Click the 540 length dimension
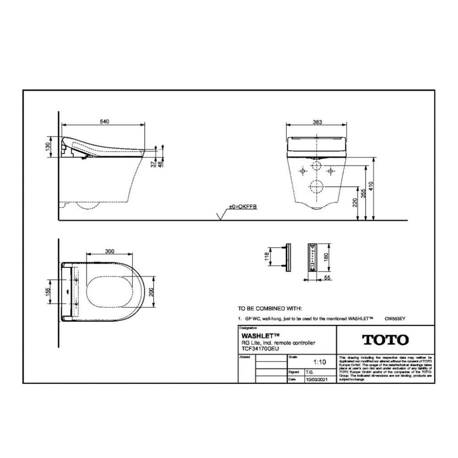click(104, 122)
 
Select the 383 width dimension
click(317, 122)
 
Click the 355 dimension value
click(369, 193)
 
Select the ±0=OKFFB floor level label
click(243, 207)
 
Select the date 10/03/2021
click(317, 380)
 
